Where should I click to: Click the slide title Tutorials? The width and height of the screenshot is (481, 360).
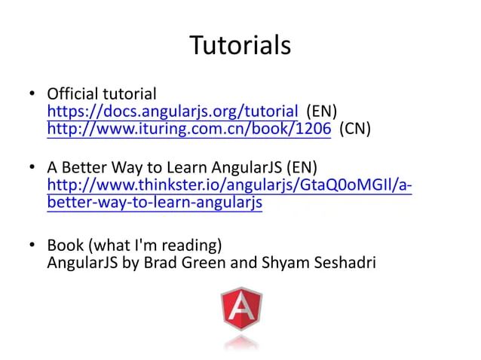tap(240, 46)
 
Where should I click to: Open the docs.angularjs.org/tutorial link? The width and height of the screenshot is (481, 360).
tap(173, 112)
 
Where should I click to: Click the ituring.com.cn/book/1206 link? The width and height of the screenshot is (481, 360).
tap(188, 129)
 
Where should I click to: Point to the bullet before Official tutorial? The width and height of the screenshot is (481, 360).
tap(31, 95)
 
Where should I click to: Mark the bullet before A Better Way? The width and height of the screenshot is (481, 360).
tap(31, 167)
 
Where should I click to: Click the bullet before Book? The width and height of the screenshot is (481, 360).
tap(31, 246)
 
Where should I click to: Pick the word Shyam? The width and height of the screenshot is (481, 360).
tap(281, 264)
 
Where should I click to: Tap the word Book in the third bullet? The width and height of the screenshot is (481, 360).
tap(63, 246)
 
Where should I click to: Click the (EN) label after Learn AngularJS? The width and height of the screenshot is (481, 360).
tap(300, 167)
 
